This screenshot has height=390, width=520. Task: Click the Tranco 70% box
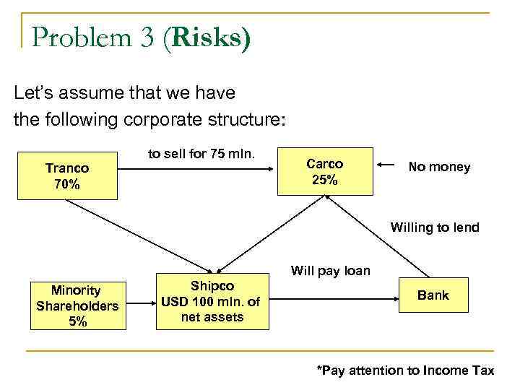(x=66, y=175)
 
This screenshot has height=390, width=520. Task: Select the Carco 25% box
(x=325, y=172)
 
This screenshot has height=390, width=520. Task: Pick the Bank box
(x=433, y=295)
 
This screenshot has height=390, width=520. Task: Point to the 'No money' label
(x=439, y=167)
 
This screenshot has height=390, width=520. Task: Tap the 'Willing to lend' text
(x=435, y=227)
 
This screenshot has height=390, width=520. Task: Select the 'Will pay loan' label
(x=330, y=272)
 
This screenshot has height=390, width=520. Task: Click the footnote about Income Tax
(x=405, y=370)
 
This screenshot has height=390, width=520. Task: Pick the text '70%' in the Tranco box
(x=66, y=184)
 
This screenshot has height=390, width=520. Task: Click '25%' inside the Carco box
(x=325, y=180)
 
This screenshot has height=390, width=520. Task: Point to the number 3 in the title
(x=147, y=38)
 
